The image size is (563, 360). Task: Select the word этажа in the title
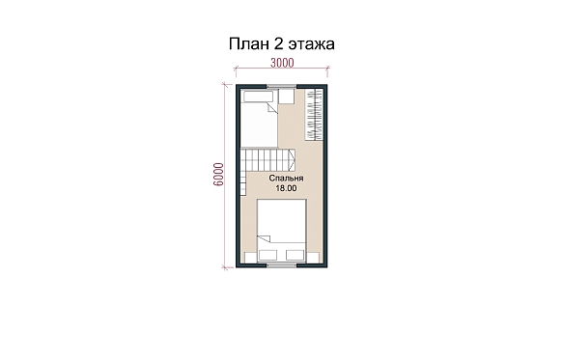312,44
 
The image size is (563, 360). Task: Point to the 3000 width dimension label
282,63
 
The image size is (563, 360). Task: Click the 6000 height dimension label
218,175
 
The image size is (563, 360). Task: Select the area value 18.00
286,188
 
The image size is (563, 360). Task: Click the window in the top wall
282,86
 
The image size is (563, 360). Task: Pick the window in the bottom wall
282,265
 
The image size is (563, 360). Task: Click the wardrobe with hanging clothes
314,114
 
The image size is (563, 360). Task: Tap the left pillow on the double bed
267,255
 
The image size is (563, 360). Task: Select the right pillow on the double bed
296,255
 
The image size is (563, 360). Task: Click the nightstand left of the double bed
251,258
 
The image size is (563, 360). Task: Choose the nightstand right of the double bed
313,258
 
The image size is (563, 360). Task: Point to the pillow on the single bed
259,97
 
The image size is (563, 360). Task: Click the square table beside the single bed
287,97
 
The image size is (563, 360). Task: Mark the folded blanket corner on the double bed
265,238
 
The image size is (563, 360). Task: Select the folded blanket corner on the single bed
273,108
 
